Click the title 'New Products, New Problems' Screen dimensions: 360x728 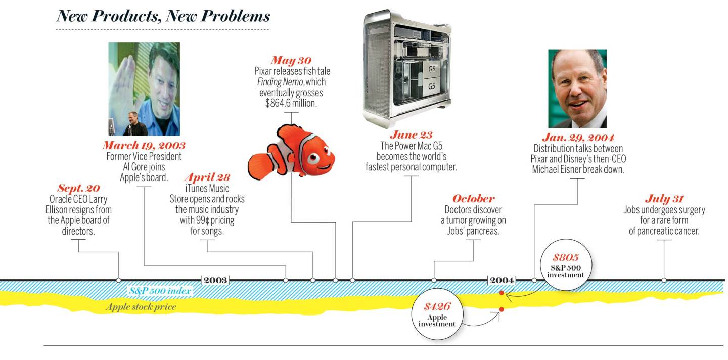163,16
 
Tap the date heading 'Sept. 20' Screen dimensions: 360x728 78,188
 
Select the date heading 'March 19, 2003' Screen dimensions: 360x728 144,146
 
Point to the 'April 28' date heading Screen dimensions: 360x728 207,177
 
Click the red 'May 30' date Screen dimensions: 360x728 291,61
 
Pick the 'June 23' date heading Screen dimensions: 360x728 411,135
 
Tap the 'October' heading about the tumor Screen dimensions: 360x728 473,199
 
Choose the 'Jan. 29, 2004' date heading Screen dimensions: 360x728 578,138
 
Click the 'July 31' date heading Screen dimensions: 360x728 664,199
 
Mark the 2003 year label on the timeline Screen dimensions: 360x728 215,280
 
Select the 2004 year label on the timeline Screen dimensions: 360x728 502,280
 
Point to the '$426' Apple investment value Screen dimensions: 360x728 437,307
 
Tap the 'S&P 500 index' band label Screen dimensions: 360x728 160,291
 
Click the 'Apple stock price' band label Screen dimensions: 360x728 141,306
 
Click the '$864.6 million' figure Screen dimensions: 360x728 292,103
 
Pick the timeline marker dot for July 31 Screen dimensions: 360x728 664,280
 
